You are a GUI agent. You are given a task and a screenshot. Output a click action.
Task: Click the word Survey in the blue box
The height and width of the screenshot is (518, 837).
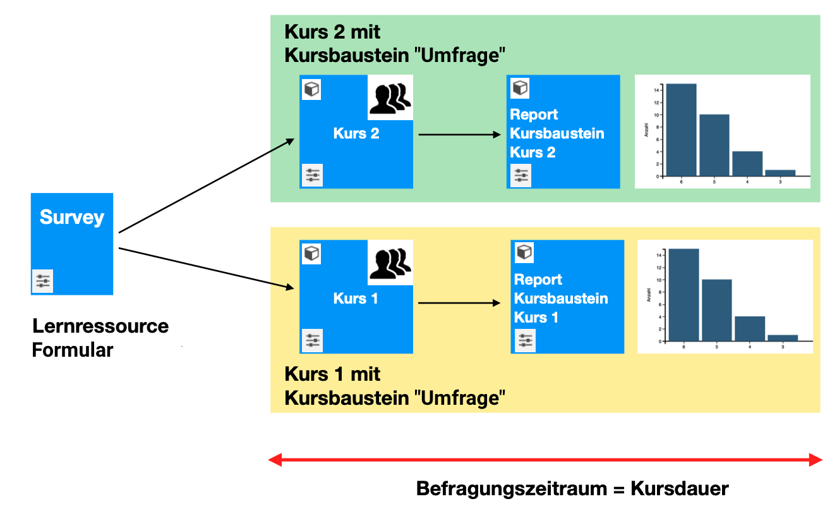pyautogui.click(x=71, y=217)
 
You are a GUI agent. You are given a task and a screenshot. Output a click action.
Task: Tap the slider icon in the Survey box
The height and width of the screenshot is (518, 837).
pyautogui.click(x=43, y=281)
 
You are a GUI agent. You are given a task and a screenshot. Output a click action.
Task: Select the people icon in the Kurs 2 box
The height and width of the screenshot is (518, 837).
pyautogui.click(x=390, y=97)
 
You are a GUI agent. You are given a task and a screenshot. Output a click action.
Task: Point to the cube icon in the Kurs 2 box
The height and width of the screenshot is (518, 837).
pyautogui.click(x=311, y=89)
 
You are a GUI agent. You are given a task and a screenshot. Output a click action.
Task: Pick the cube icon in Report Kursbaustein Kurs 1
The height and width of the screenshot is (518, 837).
pyautogui.click(x=524, y=253)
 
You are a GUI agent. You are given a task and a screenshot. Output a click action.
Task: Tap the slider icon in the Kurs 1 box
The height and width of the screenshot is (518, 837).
pyautogui.click(x=313, y=341)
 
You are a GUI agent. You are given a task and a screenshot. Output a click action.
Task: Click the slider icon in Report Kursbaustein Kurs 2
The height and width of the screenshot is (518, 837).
pyautogui.click(x=521, y=175)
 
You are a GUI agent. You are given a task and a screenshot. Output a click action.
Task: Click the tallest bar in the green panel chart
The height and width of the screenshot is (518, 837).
pyautogui.click(x=681, y=130)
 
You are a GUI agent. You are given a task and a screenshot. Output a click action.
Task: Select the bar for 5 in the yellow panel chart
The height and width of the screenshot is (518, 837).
pyautogui.click(x=716, y=310)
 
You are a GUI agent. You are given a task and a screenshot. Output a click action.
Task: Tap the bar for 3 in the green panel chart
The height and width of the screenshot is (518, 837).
pyautogui.click(x=780, y=173)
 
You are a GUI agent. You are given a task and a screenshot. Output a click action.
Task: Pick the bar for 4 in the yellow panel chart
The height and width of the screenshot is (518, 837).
pyautogui.click(x=749, y=328)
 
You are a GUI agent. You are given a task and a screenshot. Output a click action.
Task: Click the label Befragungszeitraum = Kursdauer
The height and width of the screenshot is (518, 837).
pyautogui.click(x=572, y=489)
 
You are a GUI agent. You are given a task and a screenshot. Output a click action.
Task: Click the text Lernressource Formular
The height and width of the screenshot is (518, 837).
pyautogui.click(x=100, y=338)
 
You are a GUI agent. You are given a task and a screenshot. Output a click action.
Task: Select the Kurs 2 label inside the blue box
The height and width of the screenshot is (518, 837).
pyautogui.click(x=356, y=133)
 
